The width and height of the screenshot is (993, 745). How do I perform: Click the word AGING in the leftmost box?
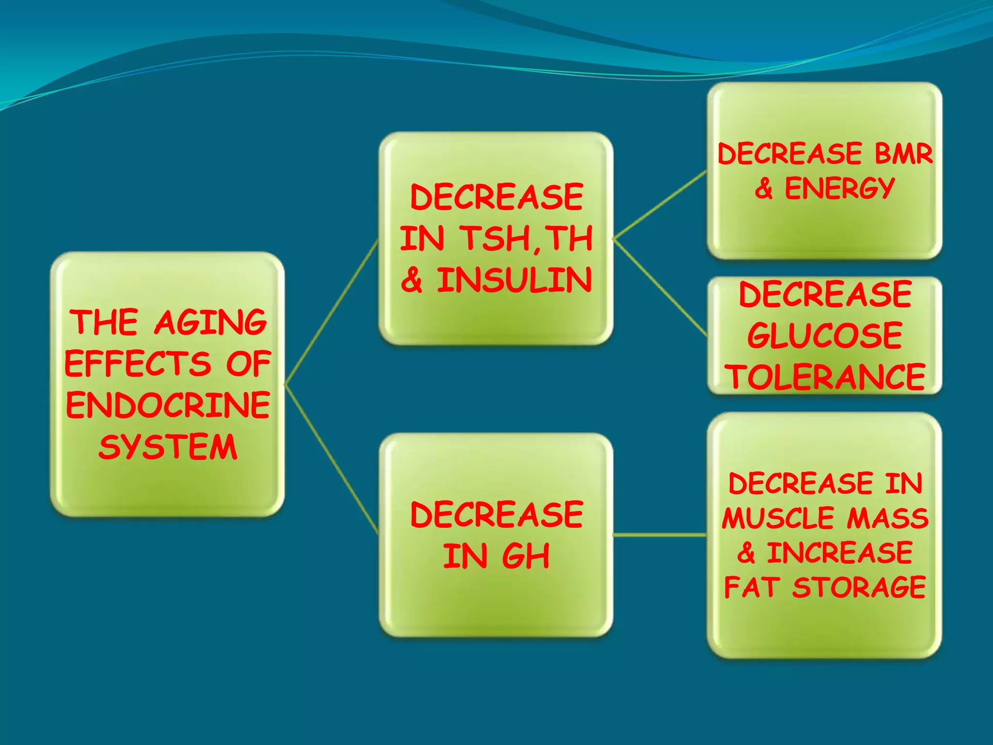click(210, 323)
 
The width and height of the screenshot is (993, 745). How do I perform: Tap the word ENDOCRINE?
click(168, 405)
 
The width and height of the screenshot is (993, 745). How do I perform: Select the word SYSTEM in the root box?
click(168, 447)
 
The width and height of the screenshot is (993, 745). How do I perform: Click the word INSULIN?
click(514, 280)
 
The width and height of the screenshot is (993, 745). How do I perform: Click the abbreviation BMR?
click(903, 154)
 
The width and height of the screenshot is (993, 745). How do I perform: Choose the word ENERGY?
click(839, 189)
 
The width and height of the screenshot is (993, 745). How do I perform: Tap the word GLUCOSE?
click(825, 335)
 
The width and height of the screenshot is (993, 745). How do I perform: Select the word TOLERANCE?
click(825, 377)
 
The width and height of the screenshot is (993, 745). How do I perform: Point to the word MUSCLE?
click(780, 518)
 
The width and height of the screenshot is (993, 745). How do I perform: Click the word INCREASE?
click(839, 553)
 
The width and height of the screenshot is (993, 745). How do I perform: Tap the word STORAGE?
click(859, 587)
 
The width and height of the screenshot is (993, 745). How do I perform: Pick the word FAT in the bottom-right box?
click(752, 587)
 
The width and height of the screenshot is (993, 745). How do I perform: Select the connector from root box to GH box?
click(331, 459)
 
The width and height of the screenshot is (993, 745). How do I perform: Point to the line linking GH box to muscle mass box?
click(659, 535)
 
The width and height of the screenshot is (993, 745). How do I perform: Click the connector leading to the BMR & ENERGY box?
click(659, 205)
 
